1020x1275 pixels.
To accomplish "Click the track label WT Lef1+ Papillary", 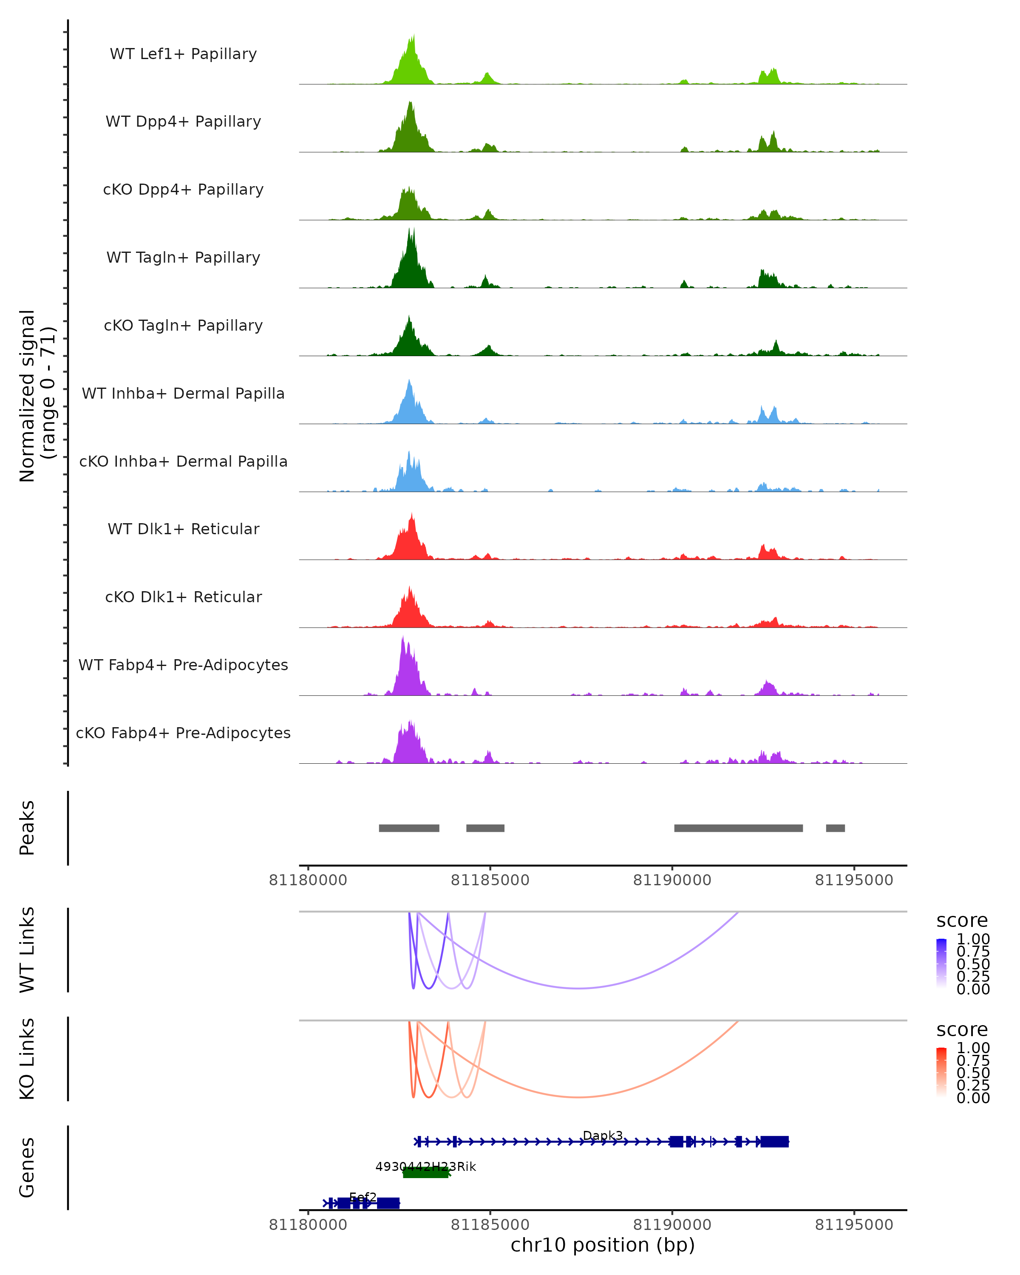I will click(183, 54).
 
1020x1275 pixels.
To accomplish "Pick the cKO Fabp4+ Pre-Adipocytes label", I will click(183, 733).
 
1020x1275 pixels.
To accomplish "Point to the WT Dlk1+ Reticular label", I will click(183, 529).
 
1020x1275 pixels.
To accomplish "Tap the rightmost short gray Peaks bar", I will click(835, 828).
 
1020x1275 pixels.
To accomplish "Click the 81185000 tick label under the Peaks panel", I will click(490, 881).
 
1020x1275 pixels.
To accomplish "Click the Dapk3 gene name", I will click(603, 1136).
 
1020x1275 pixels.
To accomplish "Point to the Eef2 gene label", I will click(363, 1197).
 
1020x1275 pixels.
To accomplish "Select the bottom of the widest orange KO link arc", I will click(578, 1098).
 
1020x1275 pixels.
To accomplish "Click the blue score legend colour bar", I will click(941, 963).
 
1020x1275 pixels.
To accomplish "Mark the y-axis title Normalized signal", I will click(27, 396).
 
